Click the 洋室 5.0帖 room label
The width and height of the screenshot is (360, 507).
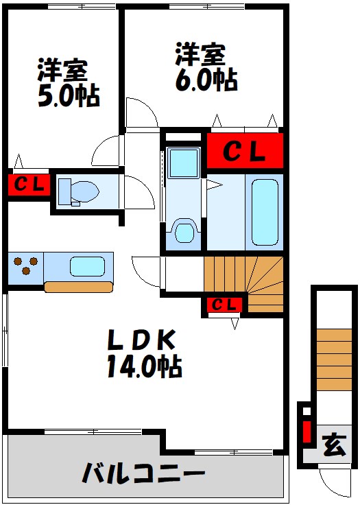point(69,83)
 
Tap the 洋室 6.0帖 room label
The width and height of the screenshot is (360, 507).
point(206,67)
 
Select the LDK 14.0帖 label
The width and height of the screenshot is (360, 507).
point(144,353)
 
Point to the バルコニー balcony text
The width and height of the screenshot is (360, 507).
point(144,473)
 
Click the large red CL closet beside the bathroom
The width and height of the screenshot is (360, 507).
point(245,151)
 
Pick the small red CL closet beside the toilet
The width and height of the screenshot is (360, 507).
point(29,185)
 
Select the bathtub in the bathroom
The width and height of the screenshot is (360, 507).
point(265,212)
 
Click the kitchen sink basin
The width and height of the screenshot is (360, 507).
point(87,266)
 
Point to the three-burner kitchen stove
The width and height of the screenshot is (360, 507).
point(25,266)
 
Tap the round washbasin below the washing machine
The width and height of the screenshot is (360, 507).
point(184,232)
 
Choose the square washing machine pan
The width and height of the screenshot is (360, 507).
point(184,163)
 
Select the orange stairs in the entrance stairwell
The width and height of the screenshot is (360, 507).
point(334,359)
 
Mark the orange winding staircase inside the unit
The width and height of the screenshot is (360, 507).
point(243,284)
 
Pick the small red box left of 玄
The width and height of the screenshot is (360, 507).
point(307,432)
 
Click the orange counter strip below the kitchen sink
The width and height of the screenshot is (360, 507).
point(79,287)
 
